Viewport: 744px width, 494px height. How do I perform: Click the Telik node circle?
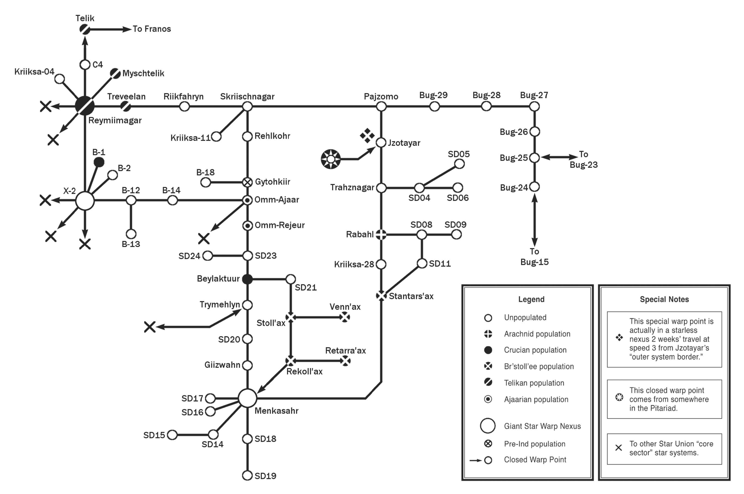click(84, 29)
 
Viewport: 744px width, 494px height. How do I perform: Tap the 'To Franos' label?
click(151, 29)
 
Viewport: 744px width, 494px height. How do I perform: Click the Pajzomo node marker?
click(381, 107)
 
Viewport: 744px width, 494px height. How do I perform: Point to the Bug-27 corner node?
click(534, 107)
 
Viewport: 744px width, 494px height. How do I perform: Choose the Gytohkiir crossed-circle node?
click(248, 182)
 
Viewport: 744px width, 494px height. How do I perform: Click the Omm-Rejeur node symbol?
click(248, 226)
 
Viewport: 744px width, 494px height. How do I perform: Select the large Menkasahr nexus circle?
click(248, 398)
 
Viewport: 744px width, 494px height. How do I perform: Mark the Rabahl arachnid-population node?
click(381, 234)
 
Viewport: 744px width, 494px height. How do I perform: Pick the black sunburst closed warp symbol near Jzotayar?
click(331, 159)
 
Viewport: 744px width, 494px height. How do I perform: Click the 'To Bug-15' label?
click(534, 257)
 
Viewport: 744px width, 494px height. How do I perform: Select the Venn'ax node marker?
click(345, 317)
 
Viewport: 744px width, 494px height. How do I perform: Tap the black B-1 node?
click(99, 162)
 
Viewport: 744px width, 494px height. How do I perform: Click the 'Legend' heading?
click(531, 299)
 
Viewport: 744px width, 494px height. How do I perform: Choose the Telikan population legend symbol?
click(488, 382)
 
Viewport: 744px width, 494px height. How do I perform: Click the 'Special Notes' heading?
click(664, 299)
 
